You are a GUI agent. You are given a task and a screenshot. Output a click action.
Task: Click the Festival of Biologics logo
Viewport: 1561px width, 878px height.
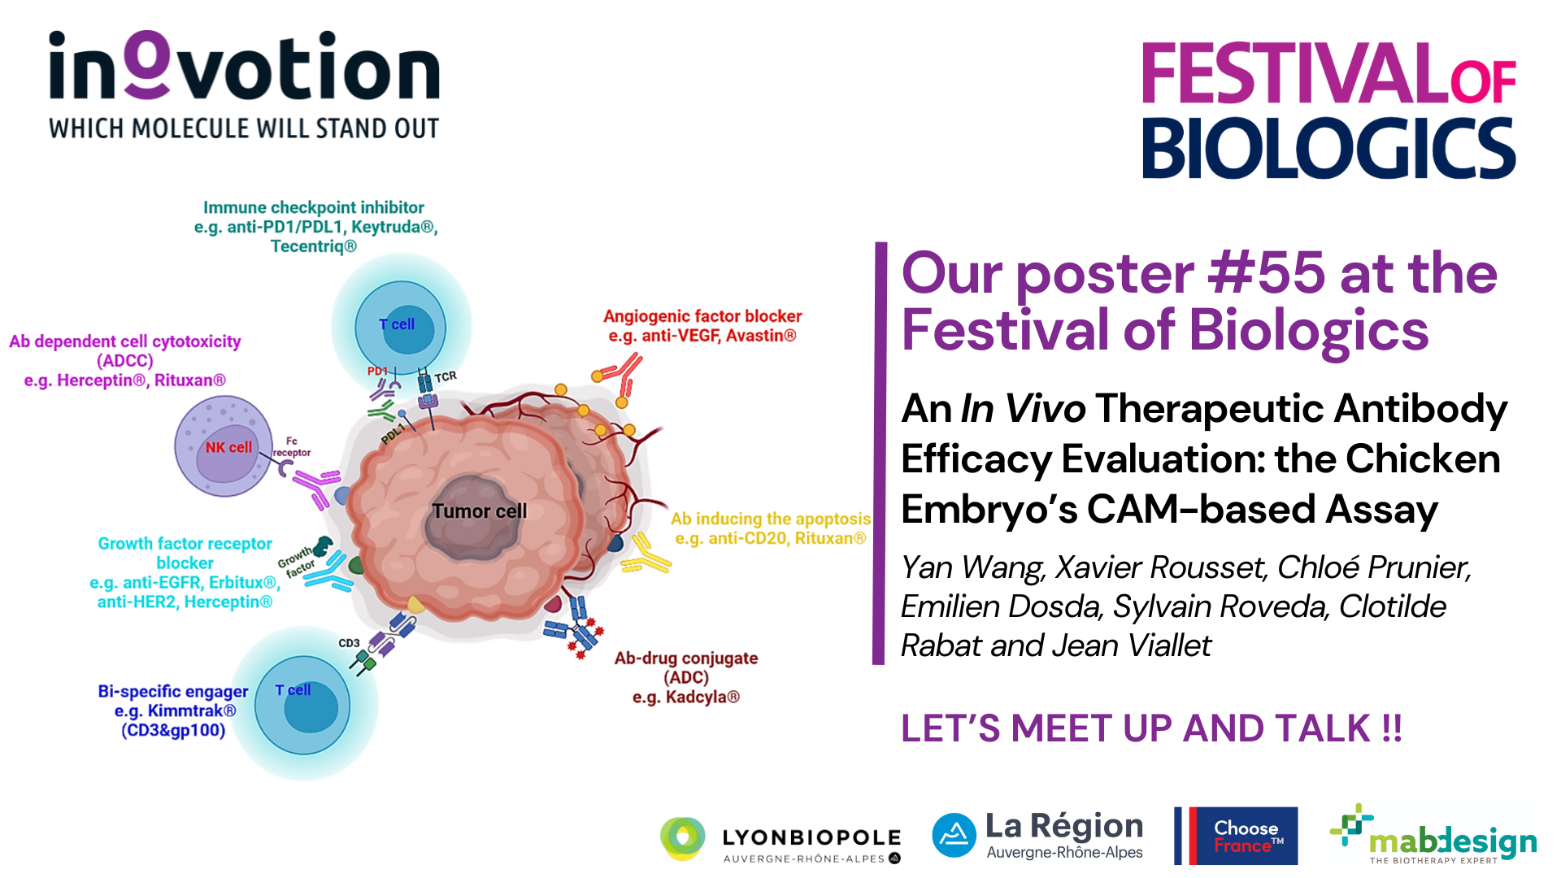pyautogui.click(x=1329, y=110)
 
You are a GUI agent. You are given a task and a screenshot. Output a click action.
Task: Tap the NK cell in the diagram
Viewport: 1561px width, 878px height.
pyautogui.click(x=224, y=446)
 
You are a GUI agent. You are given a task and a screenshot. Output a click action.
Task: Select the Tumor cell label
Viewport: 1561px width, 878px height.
pyautogui.click(x=479, y=511)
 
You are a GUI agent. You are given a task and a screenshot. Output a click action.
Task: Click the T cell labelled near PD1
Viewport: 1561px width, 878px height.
pyautogui.click(x=401, y=327)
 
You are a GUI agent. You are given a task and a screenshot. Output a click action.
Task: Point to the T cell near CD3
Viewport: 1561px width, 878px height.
pyautogui.click(x=302, y=705)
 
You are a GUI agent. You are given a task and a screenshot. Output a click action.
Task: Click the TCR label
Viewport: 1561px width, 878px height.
pyautogui.click(x=446, y=376)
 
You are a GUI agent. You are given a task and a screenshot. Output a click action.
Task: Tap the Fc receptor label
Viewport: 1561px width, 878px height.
pyautogui.click(x=292, y=447)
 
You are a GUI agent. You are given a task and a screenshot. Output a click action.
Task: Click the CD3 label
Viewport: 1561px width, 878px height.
pyautogui.click(x=349, y=643)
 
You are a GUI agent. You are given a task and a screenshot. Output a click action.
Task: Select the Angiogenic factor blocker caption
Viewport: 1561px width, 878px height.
pyautogui.click(x=702, y=326)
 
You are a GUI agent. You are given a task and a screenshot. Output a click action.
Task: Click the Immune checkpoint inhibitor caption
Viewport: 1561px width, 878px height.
pyautogui.click(x=315, y=227)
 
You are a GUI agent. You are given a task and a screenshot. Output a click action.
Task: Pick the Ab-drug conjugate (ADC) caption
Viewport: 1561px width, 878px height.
pyautogui.click(x=686, y=677)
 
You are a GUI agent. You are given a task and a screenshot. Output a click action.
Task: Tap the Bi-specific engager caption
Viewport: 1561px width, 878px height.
pyautogui.click(x=173, y=711)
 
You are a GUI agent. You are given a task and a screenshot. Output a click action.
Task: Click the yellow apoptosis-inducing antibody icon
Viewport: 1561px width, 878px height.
pyautogui.click(x=647, y=554)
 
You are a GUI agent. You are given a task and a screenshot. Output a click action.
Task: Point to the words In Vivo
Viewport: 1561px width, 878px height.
pyautogui.click(x=1023, y=408)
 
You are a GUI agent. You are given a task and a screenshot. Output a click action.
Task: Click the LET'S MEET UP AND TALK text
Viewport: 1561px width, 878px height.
pyautogui.click(x=1151, y=728)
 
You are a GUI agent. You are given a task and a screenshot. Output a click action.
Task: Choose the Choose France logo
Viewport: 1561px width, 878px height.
pyautogui.click(x=1236, y=836)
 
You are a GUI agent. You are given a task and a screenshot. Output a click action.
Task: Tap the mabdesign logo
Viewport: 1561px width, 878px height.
pyautogui.click(x=1433, y=835)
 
